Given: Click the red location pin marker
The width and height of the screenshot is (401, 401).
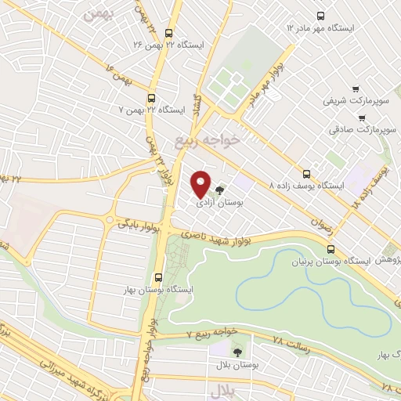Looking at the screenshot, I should point(201,184).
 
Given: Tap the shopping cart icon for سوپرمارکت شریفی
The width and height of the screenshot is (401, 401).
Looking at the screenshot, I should point(356,89).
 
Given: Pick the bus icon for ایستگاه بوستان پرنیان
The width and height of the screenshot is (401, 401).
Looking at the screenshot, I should point(329,245).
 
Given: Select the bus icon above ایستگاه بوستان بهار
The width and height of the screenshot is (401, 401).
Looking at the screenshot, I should point(159,277).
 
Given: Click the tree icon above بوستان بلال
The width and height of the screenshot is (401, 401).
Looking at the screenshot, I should point(237,352).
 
